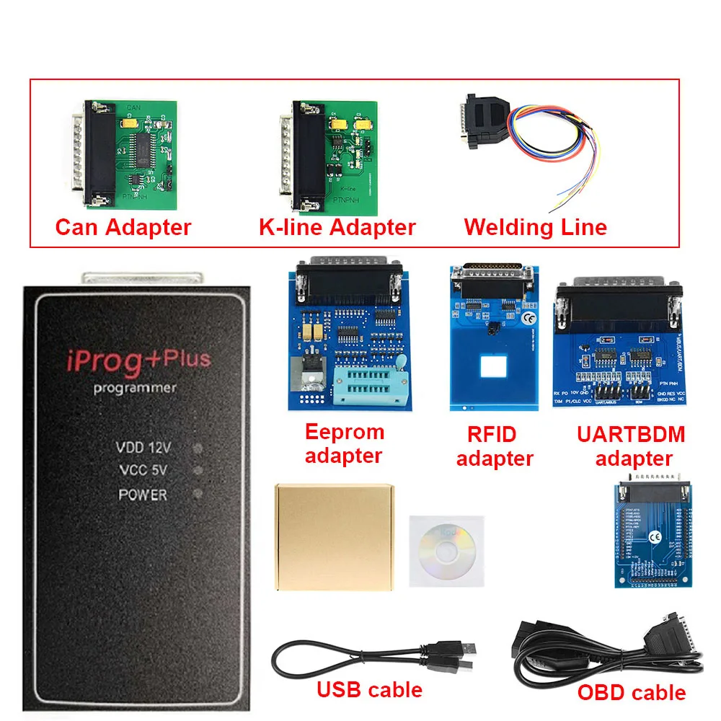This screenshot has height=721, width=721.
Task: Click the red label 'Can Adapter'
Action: [x=123, y=228]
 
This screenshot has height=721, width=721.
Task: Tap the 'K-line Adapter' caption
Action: [x=337, y=228]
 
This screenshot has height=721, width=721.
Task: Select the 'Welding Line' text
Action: [x=536, y=228]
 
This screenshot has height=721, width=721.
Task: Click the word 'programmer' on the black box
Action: [x=135, y=388]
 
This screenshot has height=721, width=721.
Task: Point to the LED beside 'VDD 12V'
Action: [x=198, y=448]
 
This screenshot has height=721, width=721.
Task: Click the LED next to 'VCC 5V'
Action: [x=198, y=472]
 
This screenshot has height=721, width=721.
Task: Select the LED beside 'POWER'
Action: [x=198, y=495]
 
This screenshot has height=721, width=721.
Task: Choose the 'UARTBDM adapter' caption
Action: [x=631, y=446]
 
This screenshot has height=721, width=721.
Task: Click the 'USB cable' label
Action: [x=369, y=690]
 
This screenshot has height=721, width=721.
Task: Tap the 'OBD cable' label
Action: [x=632, y=693]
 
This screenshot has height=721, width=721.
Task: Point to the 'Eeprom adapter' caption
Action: [x=344, y=443]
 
